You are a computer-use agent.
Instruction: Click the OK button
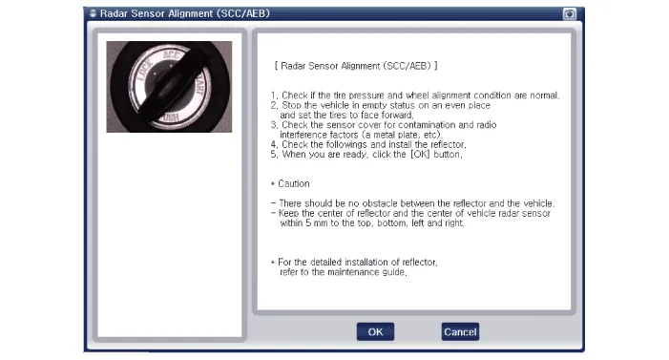(375, 331)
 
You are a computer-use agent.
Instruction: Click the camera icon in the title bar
(570, 14)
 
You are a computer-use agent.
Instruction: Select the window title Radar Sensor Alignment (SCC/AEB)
(185, 13)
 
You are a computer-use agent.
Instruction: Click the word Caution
(294, 183)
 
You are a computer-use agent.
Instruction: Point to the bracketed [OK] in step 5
(420, 154)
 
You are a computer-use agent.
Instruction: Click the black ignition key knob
(171, 85)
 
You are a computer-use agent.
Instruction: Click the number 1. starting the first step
(274, 95)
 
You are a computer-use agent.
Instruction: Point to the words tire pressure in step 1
(359, 95)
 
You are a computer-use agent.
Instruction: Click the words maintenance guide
(366, 272)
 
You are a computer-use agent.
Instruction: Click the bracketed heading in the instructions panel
(356, 66)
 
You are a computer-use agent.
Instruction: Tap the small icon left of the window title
(93, 13)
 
